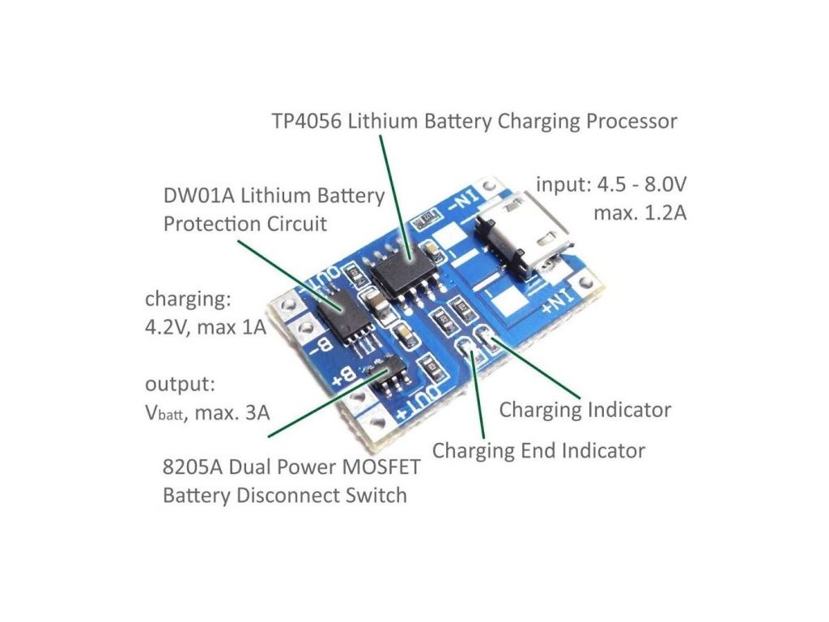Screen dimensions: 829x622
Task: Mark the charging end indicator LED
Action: [467, 351]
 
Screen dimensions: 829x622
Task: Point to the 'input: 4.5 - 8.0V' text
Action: [612, 185]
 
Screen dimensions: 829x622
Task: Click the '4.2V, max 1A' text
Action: [206, 329]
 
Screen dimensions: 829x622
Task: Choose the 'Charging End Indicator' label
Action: [538, 450]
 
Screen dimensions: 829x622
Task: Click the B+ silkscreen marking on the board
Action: [342, 375]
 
